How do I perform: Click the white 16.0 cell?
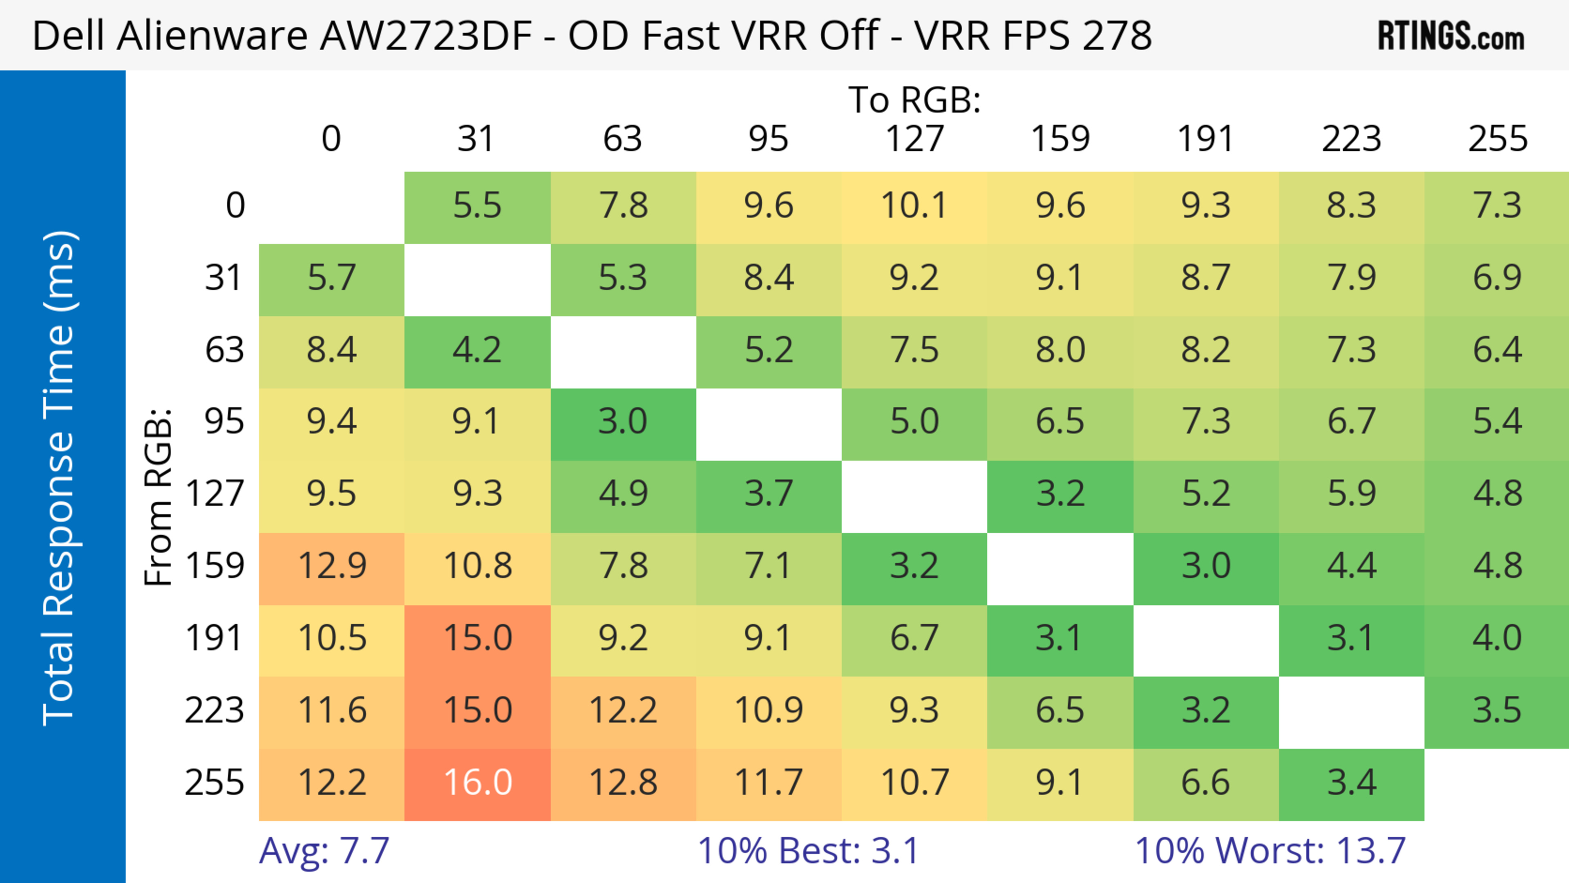(478, 783)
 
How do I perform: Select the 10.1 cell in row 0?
(914, 206)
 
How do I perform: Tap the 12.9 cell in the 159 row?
(332, 566)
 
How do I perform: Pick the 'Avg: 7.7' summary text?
(324, 851)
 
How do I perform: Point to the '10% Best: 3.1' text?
(808, 851)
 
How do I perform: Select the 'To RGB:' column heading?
(914, 100)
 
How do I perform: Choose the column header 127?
(914, 139)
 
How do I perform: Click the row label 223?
(215, 711)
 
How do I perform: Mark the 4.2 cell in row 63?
(478, 350)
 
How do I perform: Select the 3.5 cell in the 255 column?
(1497, 711)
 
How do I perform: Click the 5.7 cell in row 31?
(332, 278)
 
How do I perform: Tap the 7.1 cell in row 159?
(769, 566)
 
